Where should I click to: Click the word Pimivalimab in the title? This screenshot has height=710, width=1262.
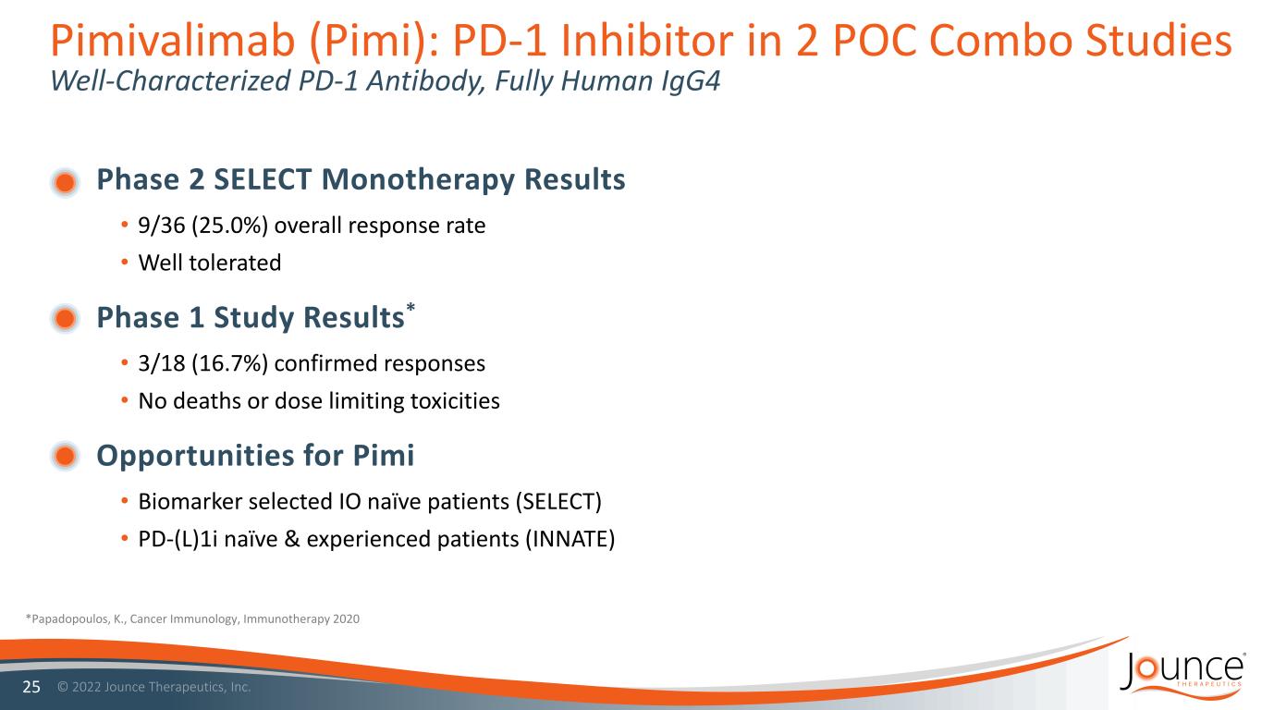pyautogui.click(x=173, y=41)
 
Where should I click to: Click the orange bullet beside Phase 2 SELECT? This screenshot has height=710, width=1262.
pyautogui.click(x=66, y=182)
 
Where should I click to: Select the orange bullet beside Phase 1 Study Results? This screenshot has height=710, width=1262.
pyautogui.click(x=66, y=319)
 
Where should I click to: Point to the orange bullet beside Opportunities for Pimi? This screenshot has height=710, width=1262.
pyautogui.click(x=66, y=456)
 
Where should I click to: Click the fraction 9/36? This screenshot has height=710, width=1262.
pyautogui.click(x=162, y=226)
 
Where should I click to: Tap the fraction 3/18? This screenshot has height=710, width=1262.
pyautogui.click(x=162, y=363)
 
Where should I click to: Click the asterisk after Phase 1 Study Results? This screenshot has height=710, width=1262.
pyautogui.click(x=410, y=307)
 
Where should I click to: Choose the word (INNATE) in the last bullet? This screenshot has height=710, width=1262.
pyautogui.click(x=570, y=539)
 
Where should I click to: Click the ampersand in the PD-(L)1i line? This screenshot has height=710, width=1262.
pyautogui.click(x=292, y=539)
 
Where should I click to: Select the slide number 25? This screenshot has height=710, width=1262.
pyautogui.click(x=31, y=687)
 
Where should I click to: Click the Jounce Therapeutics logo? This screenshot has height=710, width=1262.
pyautogui.click(x=1182, y=677)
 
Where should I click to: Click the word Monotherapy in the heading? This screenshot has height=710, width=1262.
pyautogui.click(x=418, y=180)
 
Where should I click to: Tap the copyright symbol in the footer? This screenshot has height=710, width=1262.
pyautogui.click(x=63, y=687)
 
